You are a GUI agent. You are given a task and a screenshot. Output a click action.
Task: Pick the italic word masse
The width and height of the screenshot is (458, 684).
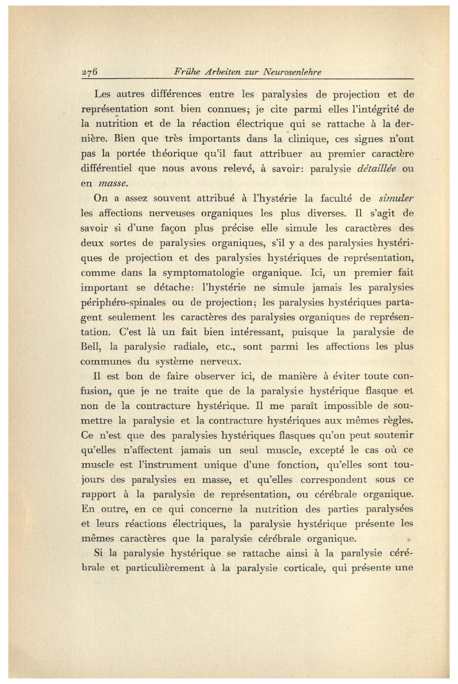tap(113, 184)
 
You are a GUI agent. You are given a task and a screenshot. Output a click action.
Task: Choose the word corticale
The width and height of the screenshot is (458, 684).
tap(305, 568)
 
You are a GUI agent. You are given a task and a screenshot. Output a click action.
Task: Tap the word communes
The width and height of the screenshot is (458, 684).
tap(105, 361)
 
